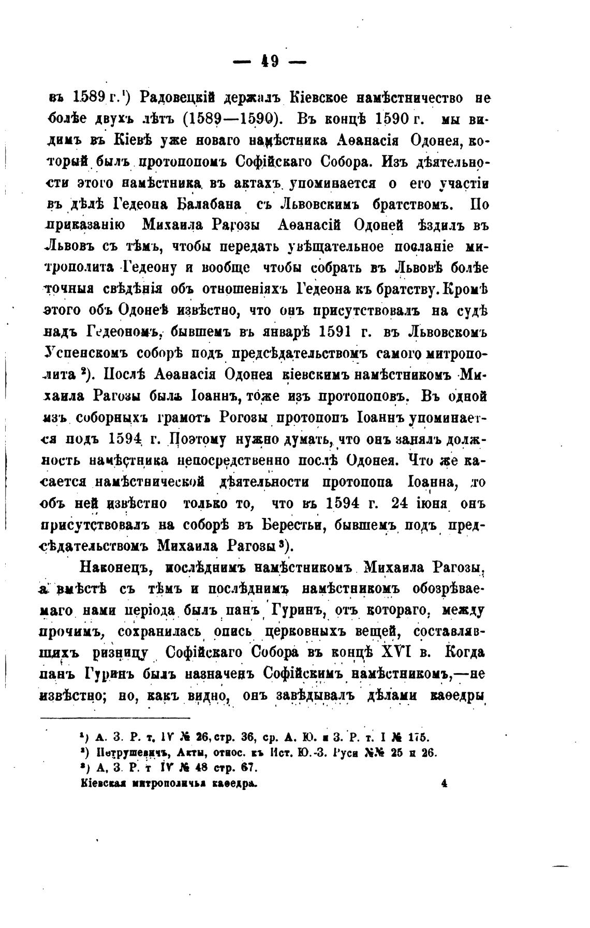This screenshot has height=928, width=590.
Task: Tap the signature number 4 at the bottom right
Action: [x=444, y=783]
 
